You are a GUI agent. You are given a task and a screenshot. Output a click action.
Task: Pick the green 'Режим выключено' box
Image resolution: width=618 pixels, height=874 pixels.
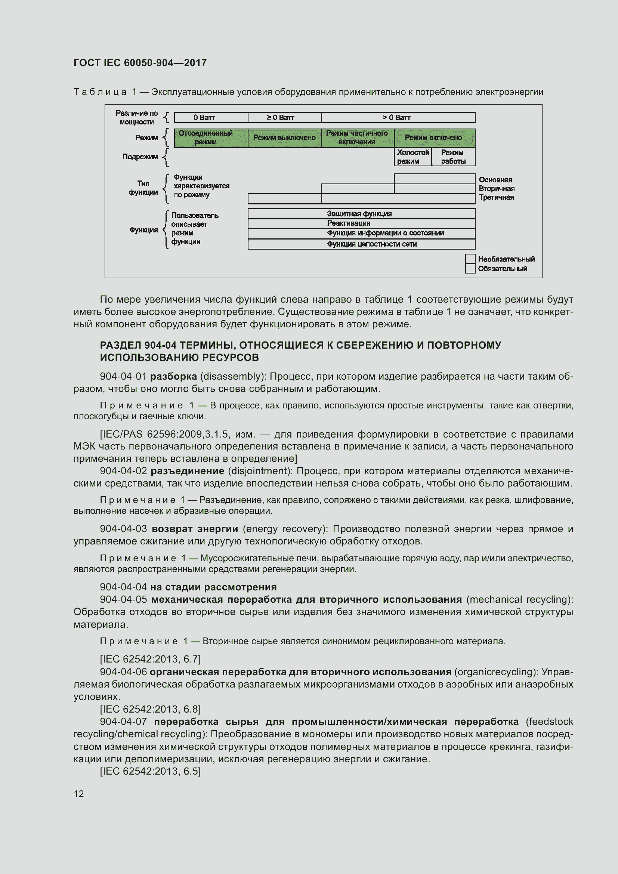[284, 138]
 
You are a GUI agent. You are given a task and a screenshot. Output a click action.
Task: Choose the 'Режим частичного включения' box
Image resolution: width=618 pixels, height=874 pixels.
[357, 138]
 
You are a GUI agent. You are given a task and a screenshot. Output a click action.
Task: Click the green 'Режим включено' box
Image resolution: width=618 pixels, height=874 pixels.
[434, 138]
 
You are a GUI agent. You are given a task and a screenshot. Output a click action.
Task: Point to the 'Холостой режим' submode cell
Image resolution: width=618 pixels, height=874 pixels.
[413, 157]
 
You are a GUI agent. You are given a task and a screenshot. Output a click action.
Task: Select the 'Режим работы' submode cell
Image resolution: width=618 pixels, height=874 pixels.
[453, 157]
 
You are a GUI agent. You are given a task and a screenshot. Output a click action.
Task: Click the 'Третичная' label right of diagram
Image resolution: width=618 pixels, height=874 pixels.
[496, 197]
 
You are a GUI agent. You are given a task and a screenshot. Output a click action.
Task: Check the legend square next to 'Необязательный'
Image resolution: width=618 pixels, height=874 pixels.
[470, 259]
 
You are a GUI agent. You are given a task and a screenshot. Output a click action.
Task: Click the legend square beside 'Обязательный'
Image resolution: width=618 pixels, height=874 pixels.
[470, 269]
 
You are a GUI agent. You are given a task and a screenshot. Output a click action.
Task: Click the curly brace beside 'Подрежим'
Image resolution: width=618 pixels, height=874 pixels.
[166, 157]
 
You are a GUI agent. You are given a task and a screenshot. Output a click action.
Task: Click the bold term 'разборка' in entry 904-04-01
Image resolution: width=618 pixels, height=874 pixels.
[173, 377]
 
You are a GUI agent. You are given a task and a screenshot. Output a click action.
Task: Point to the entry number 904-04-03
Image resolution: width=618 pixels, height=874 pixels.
[123, 529]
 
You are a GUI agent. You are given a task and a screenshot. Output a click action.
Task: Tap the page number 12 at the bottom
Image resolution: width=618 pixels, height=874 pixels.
[79, 794]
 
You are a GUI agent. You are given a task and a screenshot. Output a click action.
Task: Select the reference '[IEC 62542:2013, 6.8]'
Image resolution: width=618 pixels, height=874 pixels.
[150, 709]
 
